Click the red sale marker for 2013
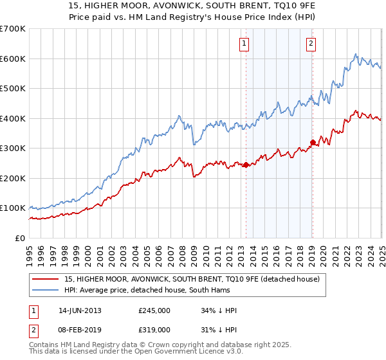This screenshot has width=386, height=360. point(246,165)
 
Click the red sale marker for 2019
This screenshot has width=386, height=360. point(312,142)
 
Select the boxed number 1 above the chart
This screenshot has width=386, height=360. point(245,44)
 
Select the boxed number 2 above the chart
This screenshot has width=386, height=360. point(311,44)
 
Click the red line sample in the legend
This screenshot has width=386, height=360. point(46,279)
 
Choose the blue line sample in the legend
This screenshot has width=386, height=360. point(46,291)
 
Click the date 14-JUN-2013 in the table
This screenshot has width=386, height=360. point(80,310)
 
